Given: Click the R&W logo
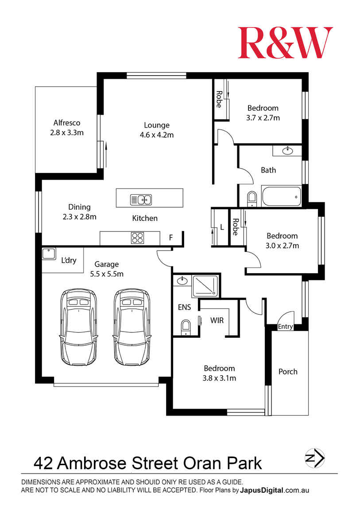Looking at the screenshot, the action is (x=285, y=42).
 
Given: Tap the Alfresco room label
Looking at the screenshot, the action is (x=67, y=123).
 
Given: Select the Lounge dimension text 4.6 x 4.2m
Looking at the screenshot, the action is (x=157, y=135).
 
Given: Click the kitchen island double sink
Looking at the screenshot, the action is (x=141, y=199).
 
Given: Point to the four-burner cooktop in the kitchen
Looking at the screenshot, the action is (x=137, y=238).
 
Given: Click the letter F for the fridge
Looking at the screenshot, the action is (x=171, y=238).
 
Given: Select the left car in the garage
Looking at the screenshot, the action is (x=78, y=327).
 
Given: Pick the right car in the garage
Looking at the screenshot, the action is (x=132, y=327).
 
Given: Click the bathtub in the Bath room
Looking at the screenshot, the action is (x=282, y=196).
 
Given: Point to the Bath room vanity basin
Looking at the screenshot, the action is (x=287, y=151).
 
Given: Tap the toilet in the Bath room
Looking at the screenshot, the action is (x=252, y=199).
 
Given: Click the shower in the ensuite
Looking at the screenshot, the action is (x=205, y=286).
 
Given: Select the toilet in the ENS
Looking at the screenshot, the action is (x=186, y=327).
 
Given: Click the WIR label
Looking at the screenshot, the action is (x=217, y=320).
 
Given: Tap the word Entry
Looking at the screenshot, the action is (x=285, y=327).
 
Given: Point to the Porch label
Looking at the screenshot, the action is (x=288, y=371).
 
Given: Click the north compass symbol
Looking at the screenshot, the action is (x=314, y=458).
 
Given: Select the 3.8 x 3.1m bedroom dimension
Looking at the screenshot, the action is (x=220, y=378).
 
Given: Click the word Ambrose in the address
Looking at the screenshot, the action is (x=93, y=463).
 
